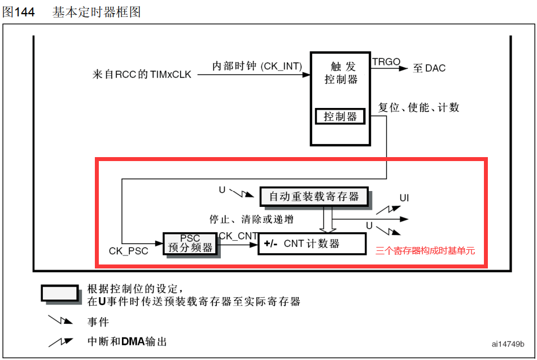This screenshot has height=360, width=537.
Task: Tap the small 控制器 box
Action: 340,117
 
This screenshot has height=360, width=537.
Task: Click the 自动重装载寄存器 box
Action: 314,197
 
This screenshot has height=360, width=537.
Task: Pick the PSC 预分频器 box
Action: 190,244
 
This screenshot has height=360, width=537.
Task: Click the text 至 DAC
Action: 429,68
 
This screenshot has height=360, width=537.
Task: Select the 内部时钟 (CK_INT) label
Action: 257,66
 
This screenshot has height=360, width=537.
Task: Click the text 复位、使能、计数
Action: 418,107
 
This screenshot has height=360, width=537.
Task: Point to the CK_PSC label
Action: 128,251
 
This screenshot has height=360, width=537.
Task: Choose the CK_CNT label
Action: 238,236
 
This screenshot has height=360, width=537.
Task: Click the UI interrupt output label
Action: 404,198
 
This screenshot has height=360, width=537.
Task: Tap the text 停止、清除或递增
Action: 251,219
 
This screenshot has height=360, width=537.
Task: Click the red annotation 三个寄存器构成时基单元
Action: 425,250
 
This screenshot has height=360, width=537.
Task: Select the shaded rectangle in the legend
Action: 59,293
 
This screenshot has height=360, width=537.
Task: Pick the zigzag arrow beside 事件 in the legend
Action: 60,320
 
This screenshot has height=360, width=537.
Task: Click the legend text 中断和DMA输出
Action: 127,342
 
